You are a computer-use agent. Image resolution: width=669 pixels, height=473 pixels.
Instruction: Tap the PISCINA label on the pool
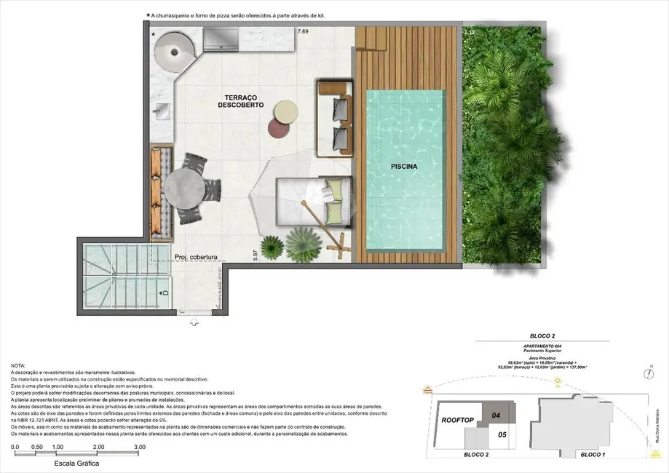[x=403, y=167]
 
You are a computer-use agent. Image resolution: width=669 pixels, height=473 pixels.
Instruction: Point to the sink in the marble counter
[x=161, y=111]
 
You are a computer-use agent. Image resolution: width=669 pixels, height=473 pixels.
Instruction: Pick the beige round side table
[x=286, y=111]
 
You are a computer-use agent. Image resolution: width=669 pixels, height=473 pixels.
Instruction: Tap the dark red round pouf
[x=278, y=128]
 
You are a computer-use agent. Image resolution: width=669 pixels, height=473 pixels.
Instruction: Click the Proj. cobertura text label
[x=197, y=257]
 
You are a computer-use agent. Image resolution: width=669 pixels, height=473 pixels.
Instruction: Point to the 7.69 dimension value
[x=303, y=31]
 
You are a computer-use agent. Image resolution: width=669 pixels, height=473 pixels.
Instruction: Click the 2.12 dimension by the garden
[x=470, y=32]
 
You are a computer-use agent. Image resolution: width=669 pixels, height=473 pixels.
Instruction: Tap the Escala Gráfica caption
[x=76, y=463]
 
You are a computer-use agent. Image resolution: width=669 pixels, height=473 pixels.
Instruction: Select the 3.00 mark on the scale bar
[x=130, y=447]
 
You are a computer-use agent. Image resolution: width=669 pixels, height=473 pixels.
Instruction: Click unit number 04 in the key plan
[x=497, y=415]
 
